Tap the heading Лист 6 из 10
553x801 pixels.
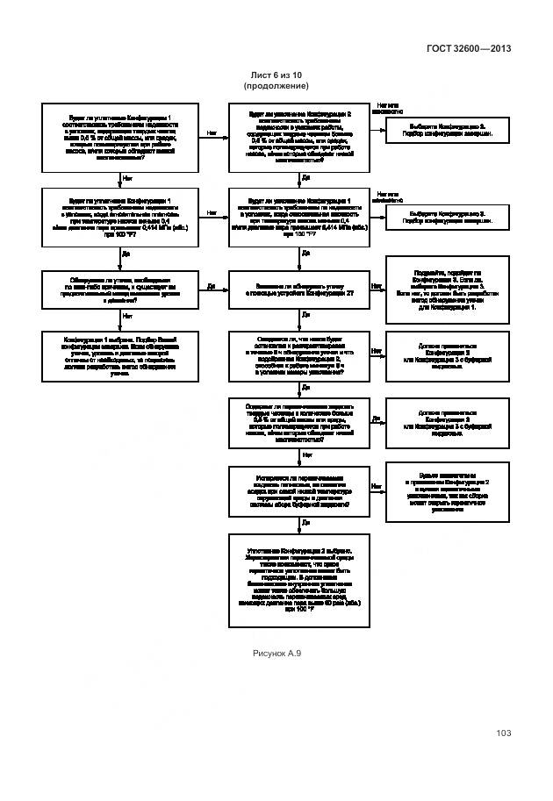276,76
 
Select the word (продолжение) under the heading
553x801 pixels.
276,86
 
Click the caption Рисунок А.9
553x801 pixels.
276,654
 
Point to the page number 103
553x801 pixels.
503,733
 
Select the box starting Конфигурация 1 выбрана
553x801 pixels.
120,355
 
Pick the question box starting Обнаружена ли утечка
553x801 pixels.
120,289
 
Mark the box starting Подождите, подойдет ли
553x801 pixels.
447,289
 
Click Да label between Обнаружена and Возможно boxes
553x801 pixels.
212,286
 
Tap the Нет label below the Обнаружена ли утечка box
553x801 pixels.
127,316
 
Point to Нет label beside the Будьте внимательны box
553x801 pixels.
376,486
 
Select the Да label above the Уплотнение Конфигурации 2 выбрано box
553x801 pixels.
305,522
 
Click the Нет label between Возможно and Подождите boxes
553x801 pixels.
376,286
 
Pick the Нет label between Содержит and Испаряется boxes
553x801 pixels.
306,455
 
